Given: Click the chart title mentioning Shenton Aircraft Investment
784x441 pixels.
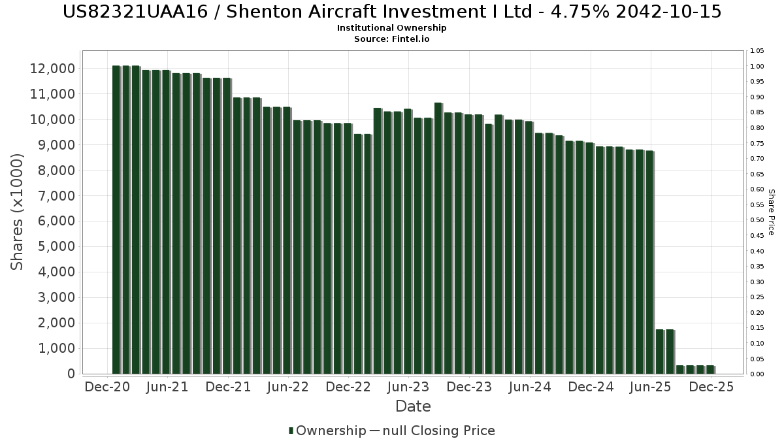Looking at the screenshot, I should coord(392,12).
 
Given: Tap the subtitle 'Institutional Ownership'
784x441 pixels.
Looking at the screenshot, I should coord(392,28).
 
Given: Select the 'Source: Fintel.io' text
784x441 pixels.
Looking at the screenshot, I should coord(392,39).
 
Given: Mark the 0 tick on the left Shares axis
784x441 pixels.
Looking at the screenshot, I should coord(71,374).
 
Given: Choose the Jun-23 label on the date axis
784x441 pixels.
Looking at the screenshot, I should coord(408,387).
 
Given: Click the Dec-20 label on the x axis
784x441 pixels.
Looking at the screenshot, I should coord(107,387).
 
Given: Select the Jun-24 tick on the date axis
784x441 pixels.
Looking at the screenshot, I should coord(529,387).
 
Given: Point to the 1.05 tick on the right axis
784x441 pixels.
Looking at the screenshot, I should coord(757,51).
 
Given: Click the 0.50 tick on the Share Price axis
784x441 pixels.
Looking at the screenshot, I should coord(757,220).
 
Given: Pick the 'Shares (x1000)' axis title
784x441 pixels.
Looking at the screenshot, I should coord(18,212).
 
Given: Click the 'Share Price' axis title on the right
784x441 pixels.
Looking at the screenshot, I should coord(772,212).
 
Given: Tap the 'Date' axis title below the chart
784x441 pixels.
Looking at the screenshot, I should coord(413,406).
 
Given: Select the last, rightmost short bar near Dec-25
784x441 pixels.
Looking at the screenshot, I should coord(710,370).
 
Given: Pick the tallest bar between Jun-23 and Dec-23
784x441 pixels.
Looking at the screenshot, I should coord(438,238).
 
